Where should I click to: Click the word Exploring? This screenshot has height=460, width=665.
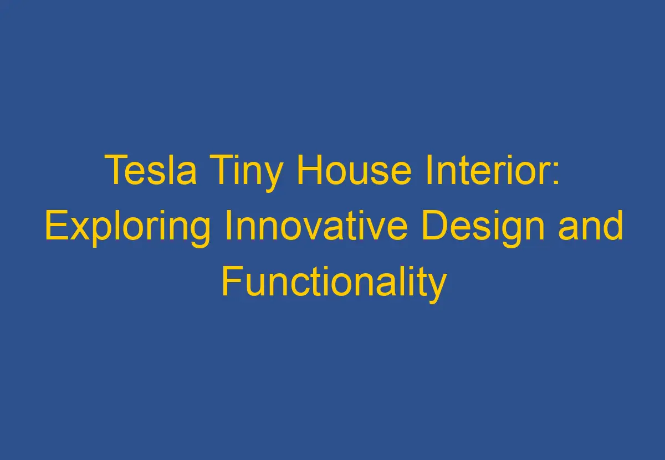pyautogui.click(x=127, y=227)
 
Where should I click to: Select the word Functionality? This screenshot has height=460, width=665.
pyautogui.click(x=334, y=283)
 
